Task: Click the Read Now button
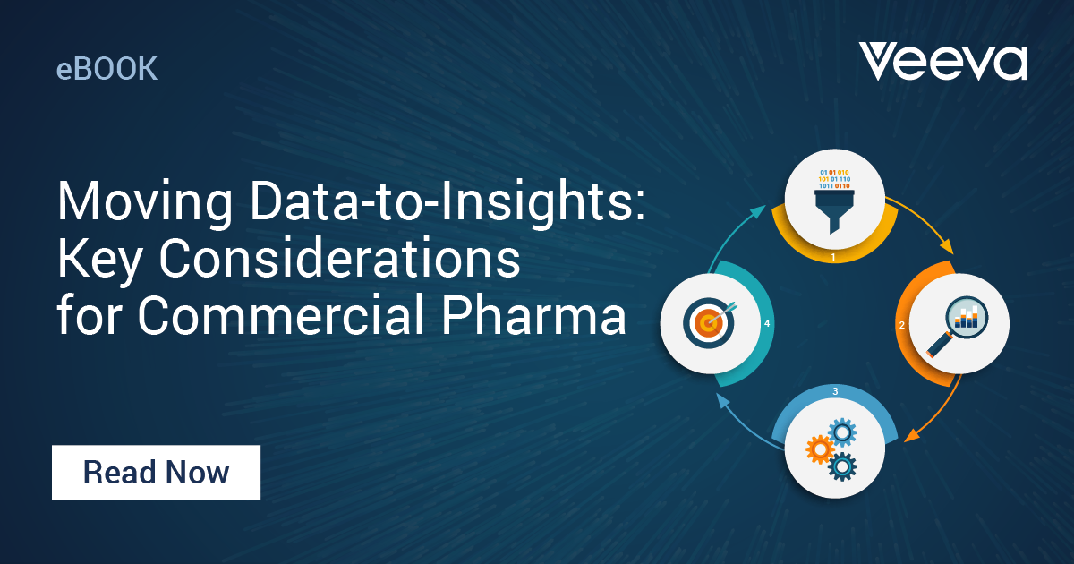pyautogui.click(x=156, y=472)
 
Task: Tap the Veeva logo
pyautogui.click(x=942, y=62)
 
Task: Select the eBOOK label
pyautogui.click(x=107, y=69)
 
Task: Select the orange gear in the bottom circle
pyautogui.click(x=820, y=449)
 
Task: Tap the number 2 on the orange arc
pyautogui.click(x=902, y=325)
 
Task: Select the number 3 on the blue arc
pyautogui.click(x=834, y=391)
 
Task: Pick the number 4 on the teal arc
pyautogui.click(x=767, y=323)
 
